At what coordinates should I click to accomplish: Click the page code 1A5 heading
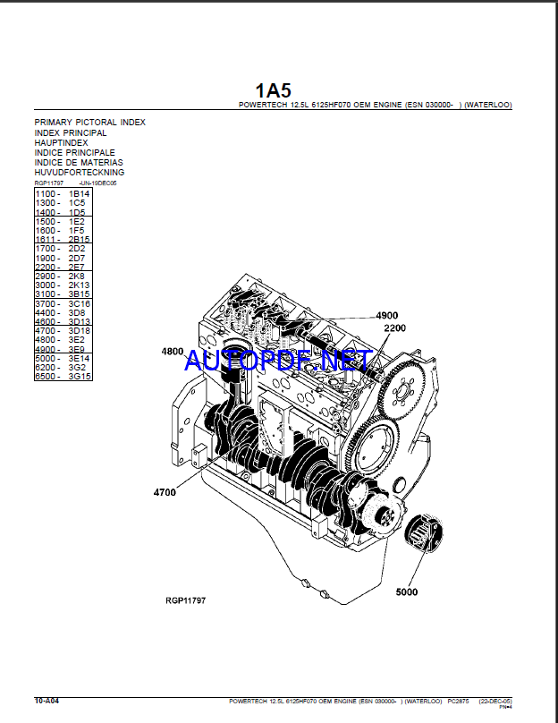click(x=273, y=90)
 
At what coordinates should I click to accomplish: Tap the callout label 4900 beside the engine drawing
click(x=386, y=316)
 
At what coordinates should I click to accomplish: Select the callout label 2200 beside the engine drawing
click(x=394, y=328)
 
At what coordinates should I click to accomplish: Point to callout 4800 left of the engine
click(x=173, y=352)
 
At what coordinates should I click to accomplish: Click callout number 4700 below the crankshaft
click(x=165, y=492)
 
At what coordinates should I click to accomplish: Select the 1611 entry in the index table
click(x=47, y=240)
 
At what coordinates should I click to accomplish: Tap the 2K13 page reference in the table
click(x=80, y=285)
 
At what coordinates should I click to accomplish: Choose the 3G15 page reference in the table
click(x=80, y=377)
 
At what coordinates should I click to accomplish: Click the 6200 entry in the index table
click(x=47, y=368)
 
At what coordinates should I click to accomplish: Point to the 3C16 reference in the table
click(x=80, y=303)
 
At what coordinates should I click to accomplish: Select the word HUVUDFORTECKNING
click(x=80, y=172)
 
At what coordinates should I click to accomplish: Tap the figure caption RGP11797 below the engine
click(x=185, y=600)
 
